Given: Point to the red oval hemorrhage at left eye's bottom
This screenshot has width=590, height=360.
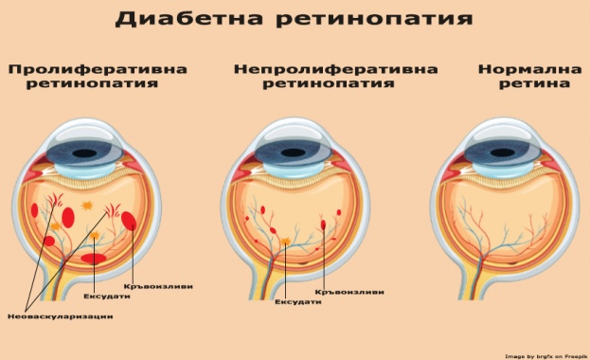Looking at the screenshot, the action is pos(93,258).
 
